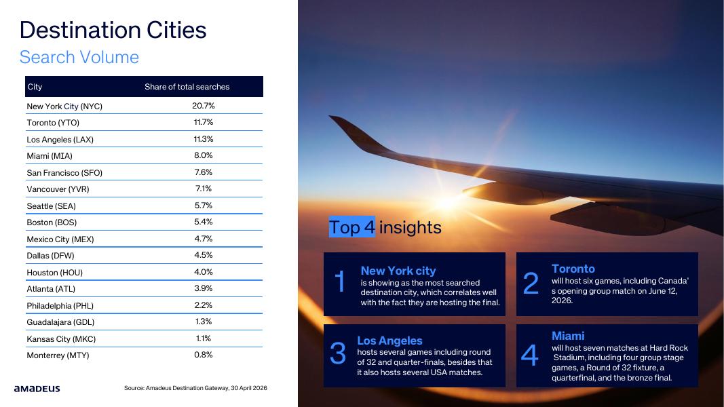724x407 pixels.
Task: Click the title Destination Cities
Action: (113, 31)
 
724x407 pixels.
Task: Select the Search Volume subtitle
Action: (79, 57)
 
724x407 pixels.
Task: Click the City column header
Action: (35, 87)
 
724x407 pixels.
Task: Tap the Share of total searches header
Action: (187, 87)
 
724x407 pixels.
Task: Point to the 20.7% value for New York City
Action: (204, 106)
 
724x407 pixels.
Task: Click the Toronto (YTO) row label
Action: (53, 123)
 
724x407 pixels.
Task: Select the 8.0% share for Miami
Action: (203, 155)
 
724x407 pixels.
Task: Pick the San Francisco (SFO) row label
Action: (64, 172)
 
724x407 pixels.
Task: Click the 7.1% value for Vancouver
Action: (203, 189)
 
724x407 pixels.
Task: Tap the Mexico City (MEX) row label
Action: (60, 239)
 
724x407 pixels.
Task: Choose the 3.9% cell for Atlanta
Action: (203, 288)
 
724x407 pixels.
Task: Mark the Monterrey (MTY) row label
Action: (58, 355)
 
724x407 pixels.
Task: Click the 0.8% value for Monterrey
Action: (203, 355)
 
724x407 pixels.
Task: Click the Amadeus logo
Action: (37, 389)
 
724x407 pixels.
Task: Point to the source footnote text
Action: (195, 388)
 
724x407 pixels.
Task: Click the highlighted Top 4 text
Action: (352, 227)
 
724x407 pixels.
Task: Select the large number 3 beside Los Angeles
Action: (337, 353)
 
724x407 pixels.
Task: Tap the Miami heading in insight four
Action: (568, 336)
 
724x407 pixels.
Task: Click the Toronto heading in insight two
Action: (573, 269)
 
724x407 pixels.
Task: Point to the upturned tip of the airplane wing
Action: (330, 117)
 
